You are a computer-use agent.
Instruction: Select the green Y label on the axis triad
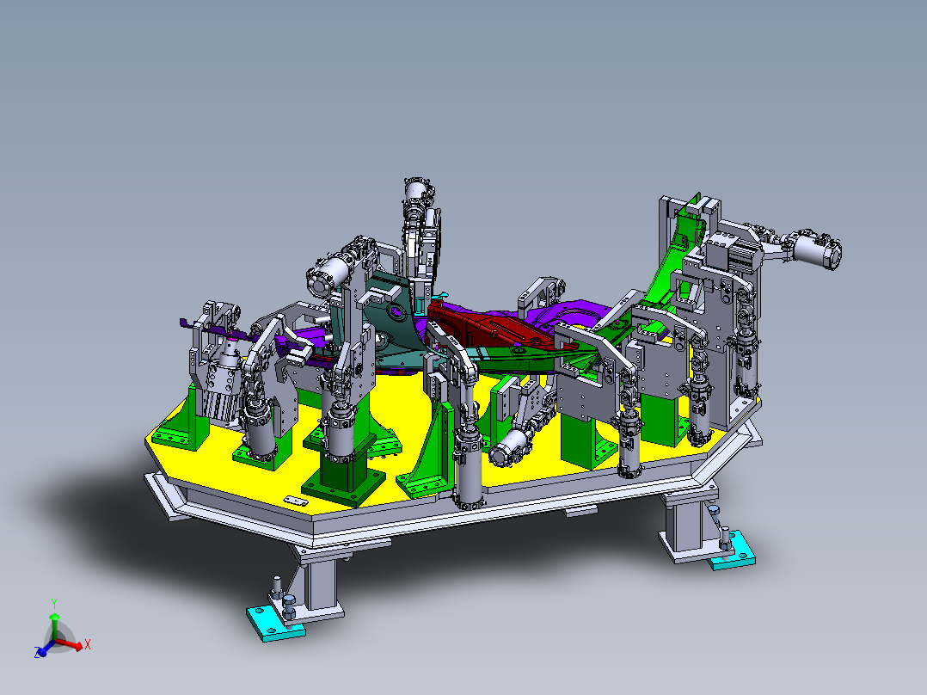pyautogui.click(x=53, y=602)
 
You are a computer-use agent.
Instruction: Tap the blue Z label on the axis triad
pyautogui.click(x=39, y=653)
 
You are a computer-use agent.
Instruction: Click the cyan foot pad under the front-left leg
pyautogui.click(x=275, y=621)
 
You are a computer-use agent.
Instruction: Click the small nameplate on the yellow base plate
pyautogui.click(x=296, y=501)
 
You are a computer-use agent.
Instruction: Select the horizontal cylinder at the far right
pyautogui.click(x=815, y=250)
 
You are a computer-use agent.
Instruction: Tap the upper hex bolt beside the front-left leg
pyautogui.click(x=277, y=584)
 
